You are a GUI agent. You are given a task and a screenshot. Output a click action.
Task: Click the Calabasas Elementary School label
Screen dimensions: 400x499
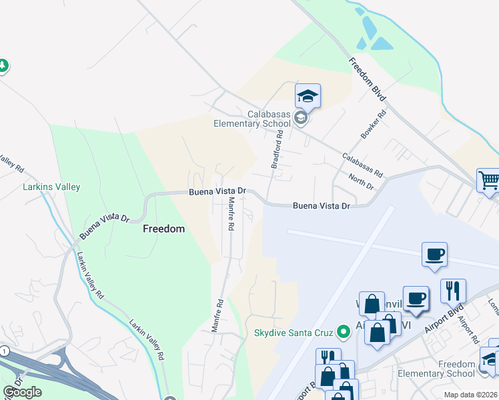point(254,119)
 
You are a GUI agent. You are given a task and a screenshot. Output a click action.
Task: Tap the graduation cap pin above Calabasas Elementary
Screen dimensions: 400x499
point(308,97)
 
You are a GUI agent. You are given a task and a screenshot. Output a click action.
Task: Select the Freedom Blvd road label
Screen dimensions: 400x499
point(368,79)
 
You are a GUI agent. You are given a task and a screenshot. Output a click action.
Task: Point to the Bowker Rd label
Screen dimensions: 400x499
point(374,125)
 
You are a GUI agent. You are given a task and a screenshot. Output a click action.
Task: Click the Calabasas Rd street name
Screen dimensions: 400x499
point(362,165)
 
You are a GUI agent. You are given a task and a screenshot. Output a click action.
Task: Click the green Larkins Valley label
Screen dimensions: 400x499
point(51,187)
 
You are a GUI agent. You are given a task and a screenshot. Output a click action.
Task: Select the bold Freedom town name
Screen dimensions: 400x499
point(163,229)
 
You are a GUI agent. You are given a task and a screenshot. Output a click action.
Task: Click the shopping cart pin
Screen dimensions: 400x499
point(489,180)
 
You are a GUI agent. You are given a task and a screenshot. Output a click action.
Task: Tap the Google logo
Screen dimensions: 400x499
point(22,392)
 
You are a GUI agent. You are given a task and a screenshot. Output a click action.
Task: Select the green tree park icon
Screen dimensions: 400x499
point(3,65)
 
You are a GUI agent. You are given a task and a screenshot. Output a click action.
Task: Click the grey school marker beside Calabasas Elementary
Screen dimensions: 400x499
point(301,119)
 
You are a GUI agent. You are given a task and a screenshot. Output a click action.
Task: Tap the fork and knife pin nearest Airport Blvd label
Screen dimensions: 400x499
point(452,290)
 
